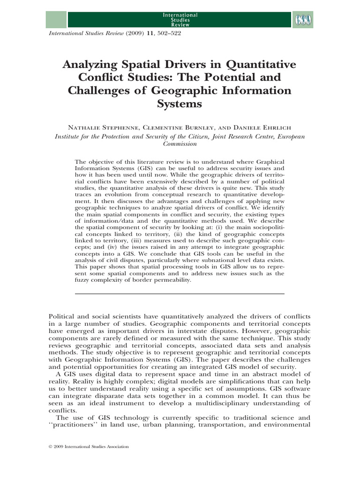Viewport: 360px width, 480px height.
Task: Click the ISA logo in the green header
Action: click(304, 20)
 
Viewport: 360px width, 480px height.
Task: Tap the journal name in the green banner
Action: click(180, 20)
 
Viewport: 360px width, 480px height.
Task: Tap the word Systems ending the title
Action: click(180, 104)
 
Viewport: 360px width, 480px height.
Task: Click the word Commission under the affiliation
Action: click(180, 144)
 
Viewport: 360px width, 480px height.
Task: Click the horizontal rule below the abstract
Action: click(180, 294)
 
